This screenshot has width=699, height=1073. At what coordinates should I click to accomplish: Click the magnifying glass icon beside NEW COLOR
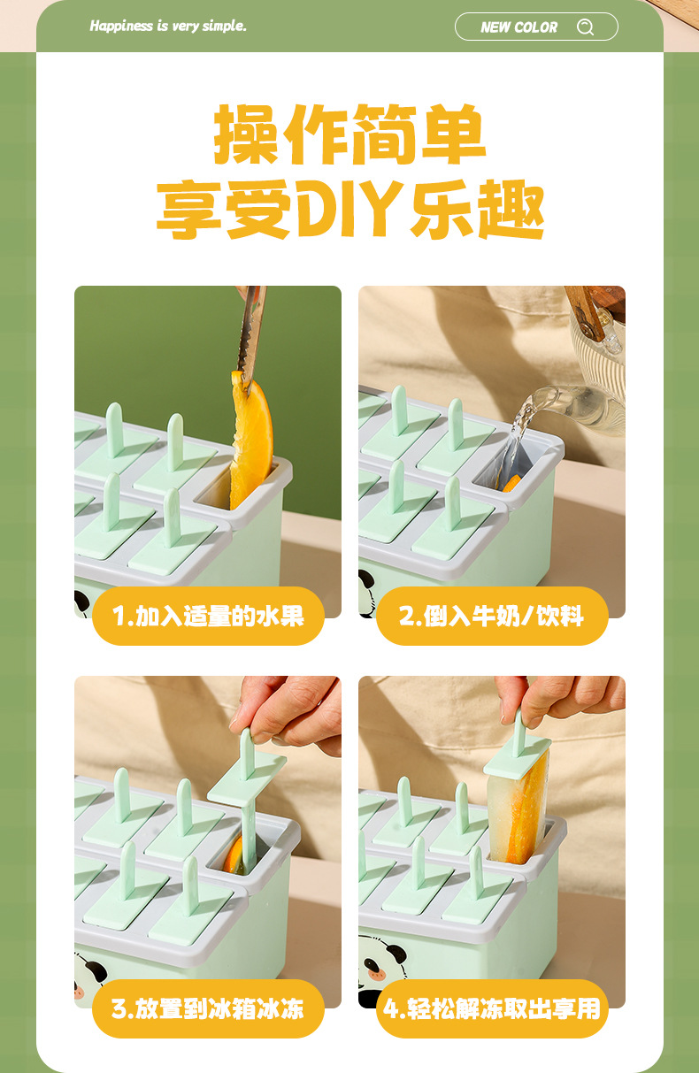(585, 27)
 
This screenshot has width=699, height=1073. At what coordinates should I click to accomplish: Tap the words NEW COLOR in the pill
(518, 27)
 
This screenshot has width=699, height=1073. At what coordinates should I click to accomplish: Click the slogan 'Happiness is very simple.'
(168, 26)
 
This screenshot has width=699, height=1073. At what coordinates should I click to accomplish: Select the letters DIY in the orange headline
(349, 209)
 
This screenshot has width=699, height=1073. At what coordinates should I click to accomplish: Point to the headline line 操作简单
(349, 134)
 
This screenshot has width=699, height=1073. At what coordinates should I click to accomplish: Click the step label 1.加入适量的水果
(208, 616)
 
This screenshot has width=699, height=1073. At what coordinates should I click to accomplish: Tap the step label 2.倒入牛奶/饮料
(492, 616)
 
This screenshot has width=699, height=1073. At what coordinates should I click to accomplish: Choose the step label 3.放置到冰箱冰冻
(208, 1008)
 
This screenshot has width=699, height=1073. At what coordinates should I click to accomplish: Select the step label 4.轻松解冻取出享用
(492, 1008)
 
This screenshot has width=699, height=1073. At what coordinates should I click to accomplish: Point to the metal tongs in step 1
(251, 335)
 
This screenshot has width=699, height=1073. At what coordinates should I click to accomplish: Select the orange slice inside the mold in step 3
(234, 855)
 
